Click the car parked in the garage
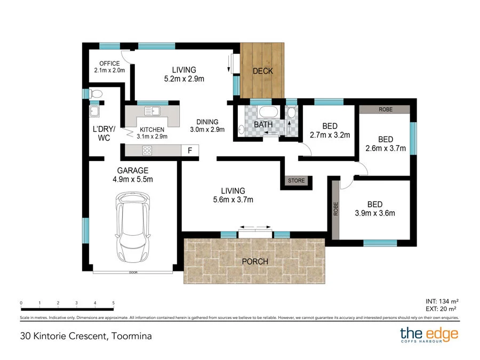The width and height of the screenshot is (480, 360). (132, 227)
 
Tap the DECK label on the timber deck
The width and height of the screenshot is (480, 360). (262, 71)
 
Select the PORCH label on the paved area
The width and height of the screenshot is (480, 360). (254, 261)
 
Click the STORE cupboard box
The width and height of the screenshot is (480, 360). (297, 181)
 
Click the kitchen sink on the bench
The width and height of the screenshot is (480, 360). (153, 111)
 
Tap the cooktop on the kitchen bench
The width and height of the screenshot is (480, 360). (147, 150)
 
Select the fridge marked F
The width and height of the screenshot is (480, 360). (189, 151)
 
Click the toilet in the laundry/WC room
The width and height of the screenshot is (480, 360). (95, 94)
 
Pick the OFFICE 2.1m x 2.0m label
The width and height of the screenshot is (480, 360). (109, 67)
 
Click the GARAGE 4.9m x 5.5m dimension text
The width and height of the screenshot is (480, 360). (132, 175)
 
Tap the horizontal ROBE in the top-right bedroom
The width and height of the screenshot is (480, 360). (385, 109)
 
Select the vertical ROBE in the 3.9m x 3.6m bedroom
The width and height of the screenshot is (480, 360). (336, 210)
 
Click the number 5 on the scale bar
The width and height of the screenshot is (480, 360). (114, 303)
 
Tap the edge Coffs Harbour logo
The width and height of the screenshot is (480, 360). (429, 335)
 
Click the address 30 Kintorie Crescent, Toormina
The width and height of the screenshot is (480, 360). (86, 336)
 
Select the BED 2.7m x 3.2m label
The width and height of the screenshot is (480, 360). (330, 131)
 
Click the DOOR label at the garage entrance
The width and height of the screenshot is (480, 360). (132, 273)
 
